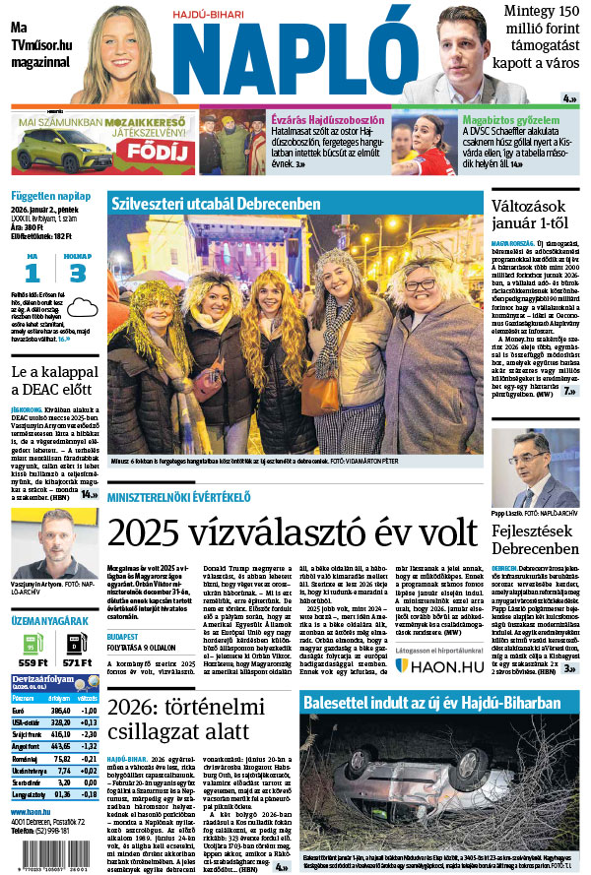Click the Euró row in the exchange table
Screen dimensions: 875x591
click(x=54, y=711)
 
